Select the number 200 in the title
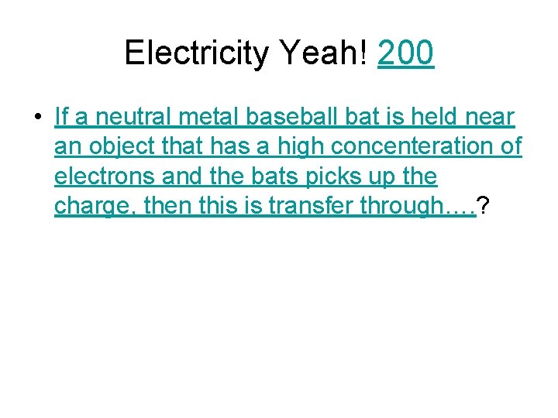[405, 53]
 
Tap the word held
[432, 117]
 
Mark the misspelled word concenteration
[415, 147]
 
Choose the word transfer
[308, 207]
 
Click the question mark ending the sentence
[483, 207]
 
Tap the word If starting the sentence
[61, 117]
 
